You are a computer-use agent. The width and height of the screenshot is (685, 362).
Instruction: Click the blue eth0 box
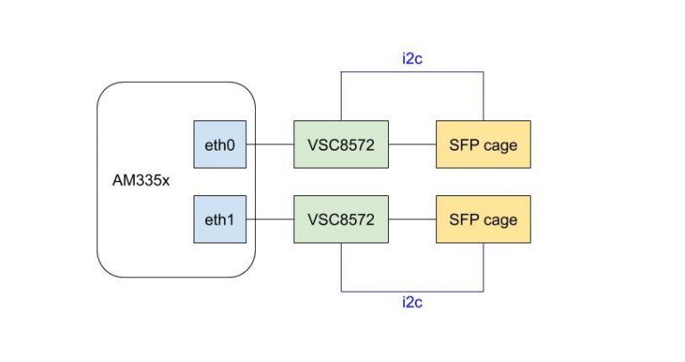(x=220, y=144)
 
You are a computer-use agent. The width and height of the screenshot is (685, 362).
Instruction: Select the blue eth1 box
(x=220, y=219)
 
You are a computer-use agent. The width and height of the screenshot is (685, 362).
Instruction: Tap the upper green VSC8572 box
(x=342, y=144)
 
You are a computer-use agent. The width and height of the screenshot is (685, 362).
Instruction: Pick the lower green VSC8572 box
(x=342, y=219)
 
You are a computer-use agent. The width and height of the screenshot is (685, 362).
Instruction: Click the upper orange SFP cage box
(x=483, y=144)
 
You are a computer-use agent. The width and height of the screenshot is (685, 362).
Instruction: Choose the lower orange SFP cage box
(x=483, y=219)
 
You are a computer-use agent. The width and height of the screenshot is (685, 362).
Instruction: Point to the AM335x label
(x=141, y=180)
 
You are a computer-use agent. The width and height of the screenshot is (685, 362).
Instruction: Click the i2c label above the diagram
(x=412, y=59)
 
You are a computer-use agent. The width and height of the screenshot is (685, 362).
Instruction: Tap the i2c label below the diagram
(x=412, y=302)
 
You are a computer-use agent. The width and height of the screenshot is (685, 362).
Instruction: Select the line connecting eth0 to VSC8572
(x=270, y=144)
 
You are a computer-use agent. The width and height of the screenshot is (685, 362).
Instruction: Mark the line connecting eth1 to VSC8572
(x=270, y=219)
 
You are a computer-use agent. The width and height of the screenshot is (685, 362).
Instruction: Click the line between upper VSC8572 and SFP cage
(x=412, y=144)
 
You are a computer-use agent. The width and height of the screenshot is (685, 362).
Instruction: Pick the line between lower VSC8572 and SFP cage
(x=412, y=219)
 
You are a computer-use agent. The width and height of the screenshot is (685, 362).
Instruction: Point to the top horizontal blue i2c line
(x=412, y=72)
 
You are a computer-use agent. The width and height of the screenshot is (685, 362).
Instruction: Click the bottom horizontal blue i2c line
(x=412, y=292)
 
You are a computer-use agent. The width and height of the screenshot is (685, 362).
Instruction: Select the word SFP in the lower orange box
(x=464, y=219)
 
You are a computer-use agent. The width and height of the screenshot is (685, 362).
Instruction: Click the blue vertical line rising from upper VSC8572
(x=342, y=96)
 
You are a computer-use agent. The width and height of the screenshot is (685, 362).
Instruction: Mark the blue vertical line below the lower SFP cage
(x=483, y=267)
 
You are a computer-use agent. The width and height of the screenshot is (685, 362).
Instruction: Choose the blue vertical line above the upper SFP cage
(x=483, y=96)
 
